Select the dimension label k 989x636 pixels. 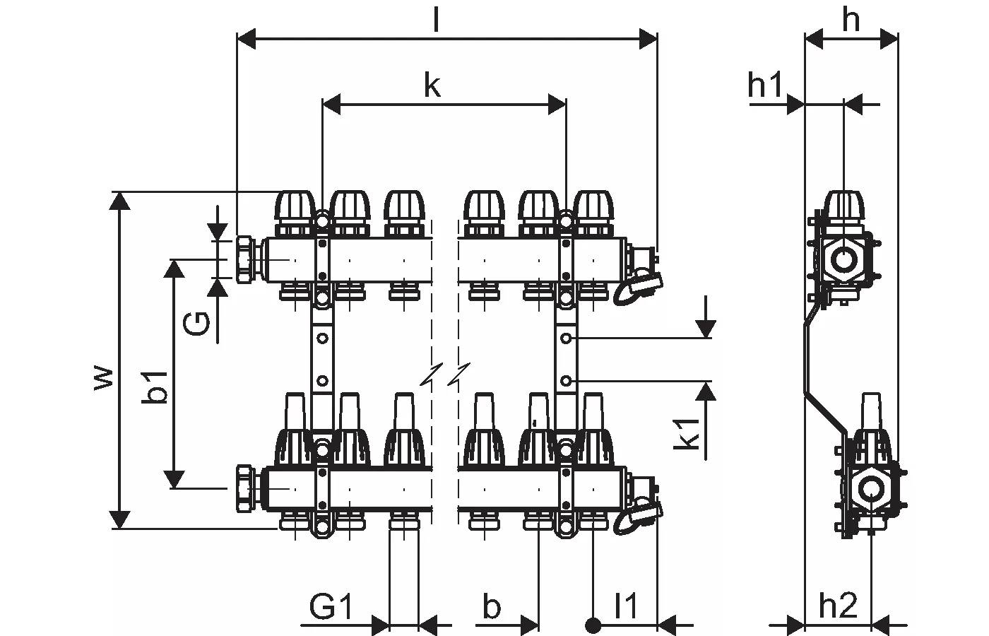(x=432, y=86)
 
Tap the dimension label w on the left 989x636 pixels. (x=103, y=377)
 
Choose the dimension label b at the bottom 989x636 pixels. (x=492, y=606)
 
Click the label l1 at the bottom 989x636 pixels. (x=625, y=606)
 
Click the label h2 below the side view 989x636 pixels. (x=838, y=606)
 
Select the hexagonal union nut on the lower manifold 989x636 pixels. (x=247, y=488)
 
